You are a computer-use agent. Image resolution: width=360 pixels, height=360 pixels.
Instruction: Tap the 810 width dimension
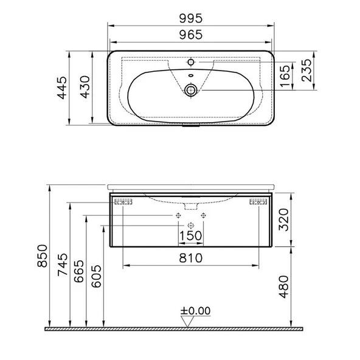point(191,257)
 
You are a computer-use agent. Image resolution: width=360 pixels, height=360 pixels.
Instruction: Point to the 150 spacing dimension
point(191,234)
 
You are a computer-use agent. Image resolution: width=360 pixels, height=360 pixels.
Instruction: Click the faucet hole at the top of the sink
point(191,61)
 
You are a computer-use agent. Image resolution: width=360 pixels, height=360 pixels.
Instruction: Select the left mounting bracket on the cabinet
point(124,201)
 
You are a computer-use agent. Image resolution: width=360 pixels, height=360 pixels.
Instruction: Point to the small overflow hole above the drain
point(191,75)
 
